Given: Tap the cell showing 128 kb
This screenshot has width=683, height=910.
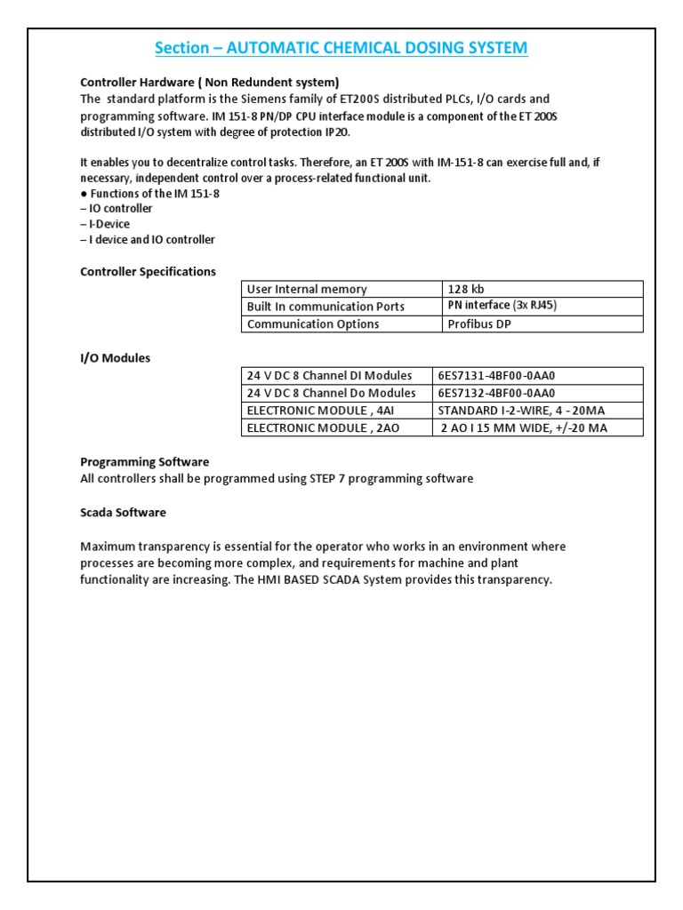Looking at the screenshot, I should pos(467,289).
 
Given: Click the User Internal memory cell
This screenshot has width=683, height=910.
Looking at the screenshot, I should pos(307,289).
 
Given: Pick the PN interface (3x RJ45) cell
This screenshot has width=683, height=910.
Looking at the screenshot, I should pos(502,306).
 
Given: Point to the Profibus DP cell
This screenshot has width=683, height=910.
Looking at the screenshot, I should pos(479,323).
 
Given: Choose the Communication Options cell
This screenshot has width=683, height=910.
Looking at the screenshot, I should pos(313,323).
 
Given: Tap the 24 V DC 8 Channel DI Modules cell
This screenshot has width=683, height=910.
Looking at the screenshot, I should pos(329,375).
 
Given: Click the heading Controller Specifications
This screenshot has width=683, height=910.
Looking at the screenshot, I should pos(148,271).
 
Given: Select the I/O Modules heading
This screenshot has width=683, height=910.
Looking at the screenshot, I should pos(116,358).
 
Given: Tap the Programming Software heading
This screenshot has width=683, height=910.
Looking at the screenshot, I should pos(145,461).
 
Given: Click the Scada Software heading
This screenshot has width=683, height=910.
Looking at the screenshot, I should pos(123,513).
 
